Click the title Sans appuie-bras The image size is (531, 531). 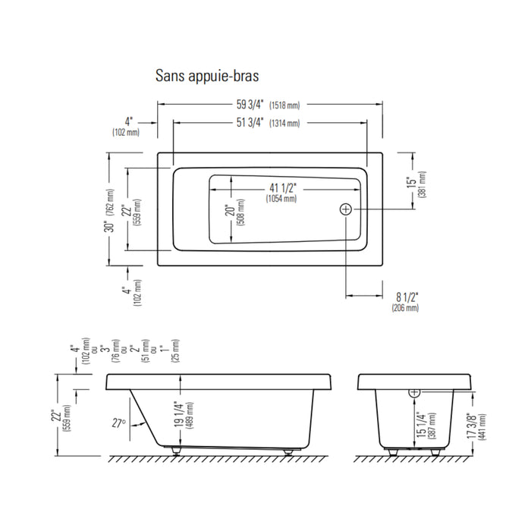(x=207, y=76)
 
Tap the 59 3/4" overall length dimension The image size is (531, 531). (x=250, y=105)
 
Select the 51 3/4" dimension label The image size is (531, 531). (x=250, y=122)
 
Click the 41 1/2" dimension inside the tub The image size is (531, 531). (x=283, y=188)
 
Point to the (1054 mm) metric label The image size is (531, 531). (x=281, y=198)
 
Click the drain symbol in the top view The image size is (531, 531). (x=346, y=209)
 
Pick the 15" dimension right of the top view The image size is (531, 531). (x=411, y=182)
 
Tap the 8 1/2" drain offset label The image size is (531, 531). (x=407, y=297)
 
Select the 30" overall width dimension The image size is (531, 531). (x=109, y=226)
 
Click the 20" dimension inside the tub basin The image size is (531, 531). (x=231, y=210)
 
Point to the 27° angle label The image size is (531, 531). (x=119, y=423)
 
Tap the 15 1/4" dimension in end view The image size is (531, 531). (x=420, y=425)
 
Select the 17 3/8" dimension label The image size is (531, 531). (x=471, y=426)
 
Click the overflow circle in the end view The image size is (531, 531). (x=415, y=392)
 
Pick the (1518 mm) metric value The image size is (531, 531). (x=284, y=105)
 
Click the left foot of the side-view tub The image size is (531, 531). (x=176, y=451)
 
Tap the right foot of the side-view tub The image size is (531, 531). (x=288, y=452)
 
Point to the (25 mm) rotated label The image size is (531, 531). (x=176, y=350)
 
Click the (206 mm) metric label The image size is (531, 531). (x=405, y=308)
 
